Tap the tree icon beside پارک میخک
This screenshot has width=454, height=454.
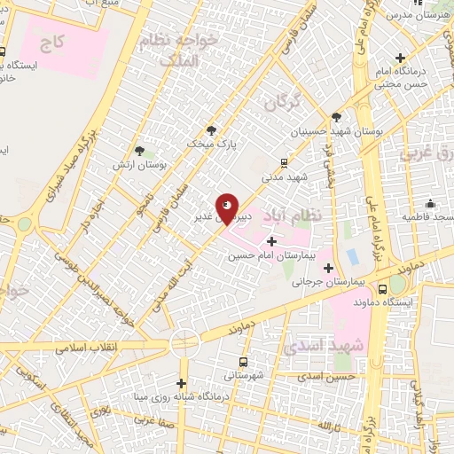[210, 129]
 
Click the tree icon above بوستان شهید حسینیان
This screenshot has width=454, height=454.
[336, 116]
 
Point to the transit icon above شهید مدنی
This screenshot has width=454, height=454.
[284, 162]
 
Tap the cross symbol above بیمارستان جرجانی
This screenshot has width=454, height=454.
[329, 267]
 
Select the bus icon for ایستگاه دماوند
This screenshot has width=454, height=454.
[382, 288]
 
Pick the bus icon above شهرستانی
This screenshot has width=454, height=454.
[245, 362]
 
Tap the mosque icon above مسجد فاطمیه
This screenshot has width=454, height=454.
[430, 202]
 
